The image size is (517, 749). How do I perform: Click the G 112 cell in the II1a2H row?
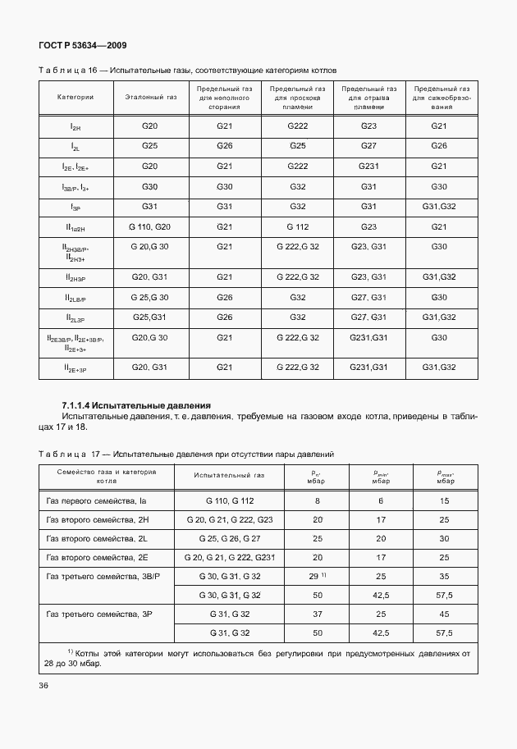click(297, 226)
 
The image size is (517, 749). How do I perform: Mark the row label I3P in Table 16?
click(75, 208)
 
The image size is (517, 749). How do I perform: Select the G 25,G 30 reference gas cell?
click(150, 297)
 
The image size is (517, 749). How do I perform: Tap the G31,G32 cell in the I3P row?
click(439, 206)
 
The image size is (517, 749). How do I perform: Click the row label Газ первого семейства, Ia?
click(96, 500)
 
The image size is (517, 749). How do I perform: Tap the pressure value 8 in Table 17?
click(316, 500)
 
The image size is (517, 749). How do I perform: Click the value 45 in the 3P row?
click(445, 614)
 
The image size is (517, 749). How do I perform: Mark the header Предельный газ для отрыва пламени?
click(369, 97)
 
